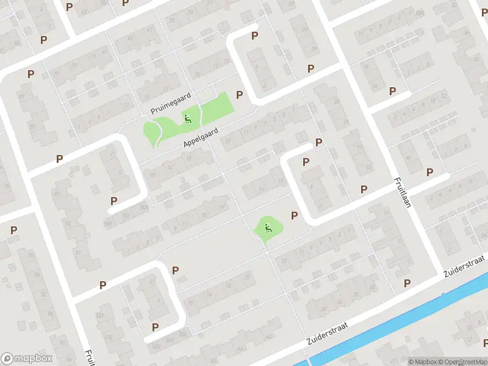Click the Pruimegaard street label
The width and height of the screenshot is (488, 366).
tap(171, 103)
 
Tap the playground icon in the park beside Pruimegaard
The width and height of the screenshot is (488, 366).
tap(188, 118)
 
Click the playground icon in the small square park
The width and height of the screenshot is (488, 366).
tap(267, 229)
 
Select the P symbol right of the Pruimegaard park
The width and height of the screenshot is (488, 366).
tap(240, 95)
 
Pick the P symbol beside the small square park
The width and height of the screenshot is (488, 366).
tap(295, 215)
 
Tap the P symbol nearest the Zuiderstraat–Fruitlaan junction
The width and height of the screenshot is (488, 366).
tap(407, 282)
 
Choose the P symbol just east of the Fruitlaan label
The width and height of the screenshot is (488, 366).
tap(430, 173)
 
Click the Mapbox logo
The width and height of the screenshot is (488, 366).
tap(27, 358)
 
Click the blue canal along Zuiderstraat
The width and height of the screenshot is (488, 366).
tap(390, 323)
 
